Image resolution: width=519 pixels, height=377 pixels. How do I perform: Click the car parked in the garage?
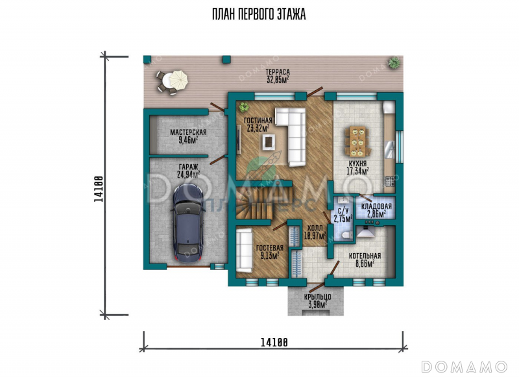click(x=186, y=223)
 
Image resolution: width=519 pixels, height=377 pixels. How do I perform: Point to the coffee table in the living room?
click(x=269, y=142)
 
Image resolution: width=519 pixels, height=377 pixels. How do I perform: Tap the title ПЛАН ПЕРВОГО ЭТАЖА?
click(x=259, y=14)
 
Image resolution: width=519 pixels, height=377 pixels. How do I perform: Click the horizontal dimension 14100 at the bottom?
click(x=274, y=342)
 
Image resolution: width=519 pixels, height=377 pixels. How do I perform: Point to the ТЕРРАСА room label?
click(x=278, y=72)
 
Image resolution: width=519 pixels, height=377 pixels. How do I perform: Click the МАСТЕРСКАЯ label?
click(x=188, y=132)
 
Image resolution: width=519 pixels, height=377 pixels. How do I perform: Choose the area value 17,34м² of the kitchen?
click(x=358, y=171)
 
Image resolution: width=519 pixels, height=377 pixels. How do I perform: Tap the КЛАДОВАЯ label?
click(x=376, y=206)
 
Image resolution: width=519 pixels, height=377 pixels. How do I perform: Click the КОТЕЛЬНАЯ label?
click(x=365, y=256)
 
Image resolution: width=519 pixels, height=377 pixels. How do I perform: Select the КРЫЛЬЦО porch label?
click(x=318, y=297)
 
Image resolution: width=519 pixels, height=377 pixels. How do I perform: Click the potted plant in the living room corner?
click(x=245, y=106)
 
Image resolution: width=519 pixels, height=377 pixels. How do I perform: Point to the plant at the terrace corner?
click(x=394, y=62)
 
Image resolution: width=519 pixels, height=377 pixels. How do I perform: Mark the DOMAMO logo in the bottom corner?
click(x=464, y=367)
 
